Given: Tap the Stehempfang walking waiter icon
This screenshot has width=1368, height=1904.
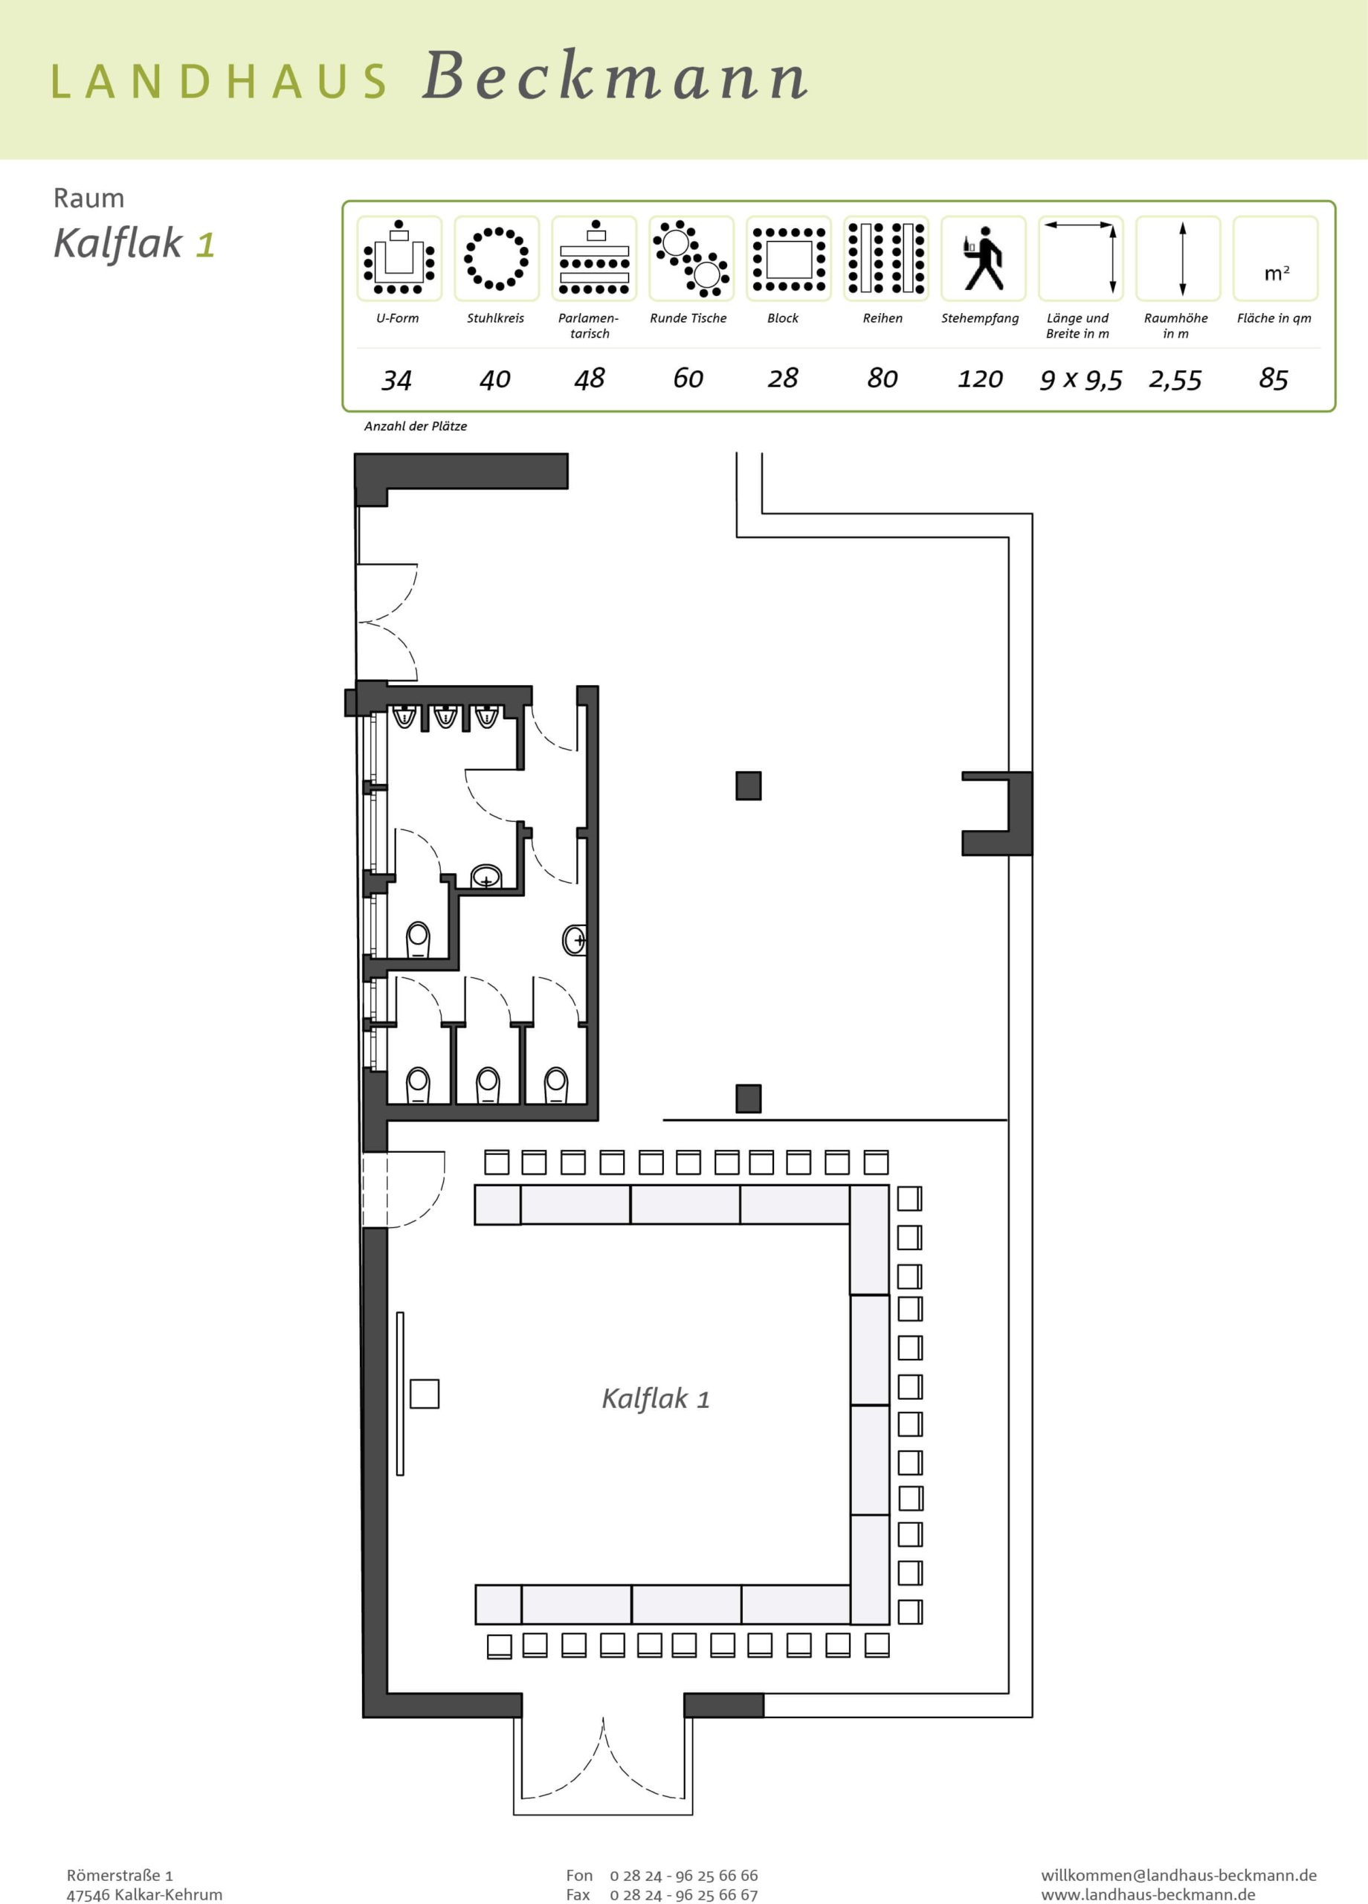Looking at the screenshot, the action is coord(983,258).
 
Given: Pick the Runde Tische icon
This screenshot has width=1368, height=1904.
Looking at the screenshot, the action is coord(691,258).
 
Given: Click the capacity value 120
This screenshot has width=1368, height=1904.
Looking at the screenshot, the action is coord(980,379).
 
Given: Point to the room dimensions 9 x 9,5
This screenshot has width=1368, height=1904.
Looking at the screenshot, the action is coord(1081,380).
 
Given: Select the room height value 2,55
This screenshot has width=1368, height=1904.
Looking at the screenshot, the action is coord(1175,380).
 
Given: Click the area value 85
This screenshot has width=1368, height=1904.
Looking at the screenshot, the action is coord(1273,379).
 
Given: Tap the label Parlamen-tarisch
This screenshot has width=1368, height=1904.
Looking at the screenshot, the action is coord(589,326).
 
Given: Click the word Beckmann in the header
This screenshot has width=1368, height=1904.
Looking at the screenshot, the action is coord(615,77).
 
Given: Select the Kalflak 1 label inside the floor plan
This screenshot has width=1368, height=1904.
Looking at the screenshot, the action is coord(656,1398).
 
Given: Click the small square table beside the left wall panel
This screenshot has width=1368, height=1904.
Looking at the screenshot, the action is coord(425,1394).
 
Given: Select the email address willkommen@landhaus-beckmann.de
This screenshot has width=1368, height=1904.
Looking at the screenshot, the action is coord(1178,1874).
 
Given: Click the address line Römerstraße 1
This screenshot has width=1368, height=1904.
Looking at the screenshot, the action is coord(120,1874).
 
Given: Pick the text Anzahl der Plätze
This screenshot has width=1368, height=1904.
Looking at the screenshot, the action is coord(416,426).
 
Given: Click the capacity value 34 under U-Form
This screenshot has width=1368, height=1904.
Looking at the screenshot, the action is coord(396,380).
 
